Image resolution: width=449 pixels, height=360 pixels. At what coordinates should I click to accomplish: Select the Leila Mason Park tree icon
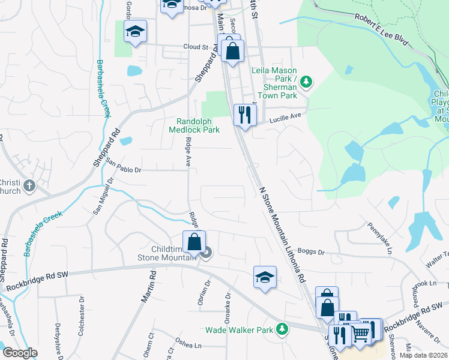(x=306, y=82)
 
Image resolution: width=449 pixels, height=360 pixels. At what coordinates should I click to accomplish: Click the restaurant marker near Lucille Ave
(x=244, y=114)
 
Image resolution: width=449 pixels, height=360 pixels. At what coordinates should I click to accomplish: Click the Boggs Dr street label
(x=311, y=252)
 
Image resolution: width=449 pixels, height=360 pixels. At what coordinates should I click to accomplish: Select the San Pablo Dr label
(x=123, y=166)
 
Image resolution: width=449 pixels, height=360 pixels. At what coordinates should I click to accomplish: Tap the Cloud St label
(x=195, y=46)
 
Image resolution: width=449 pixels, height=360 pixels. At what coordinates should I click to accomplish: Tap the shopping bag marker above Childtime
(x=194, y=242)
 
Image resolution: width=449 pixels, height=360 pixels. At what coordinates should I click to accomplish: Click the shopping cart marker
(x=360, y=333)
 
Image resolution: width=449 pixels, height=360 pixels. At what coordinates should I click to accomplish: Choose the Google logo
(x=20, y=353)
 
